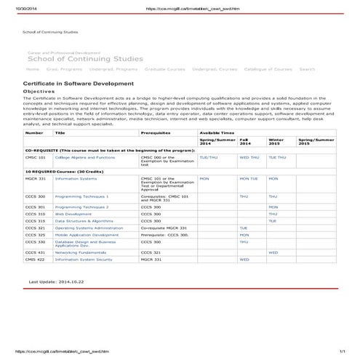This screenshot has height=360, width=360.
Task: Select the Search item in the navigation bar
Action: pyautogui.click(x=307, y=69)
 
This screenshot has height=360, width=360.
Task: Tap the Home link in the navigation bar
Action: pyautogui.click(x=32, y=69)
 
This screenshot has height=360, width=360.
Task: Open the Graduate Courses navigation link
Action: pyautogui.click(x=164, y=69)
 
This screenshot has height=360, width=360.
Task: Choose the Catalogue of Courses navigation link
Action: pyautogui.click(x=268, y=69)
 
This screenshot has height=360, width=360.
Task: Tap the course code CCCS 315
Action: pyautogui.click(x=35, y=220)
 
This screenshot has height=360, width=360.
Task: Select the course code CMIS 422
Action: pyautogui.click(x=35, y=259)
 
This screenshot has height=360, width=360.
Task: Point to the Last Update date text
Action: pyautogui.click(x=56, y=281)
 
